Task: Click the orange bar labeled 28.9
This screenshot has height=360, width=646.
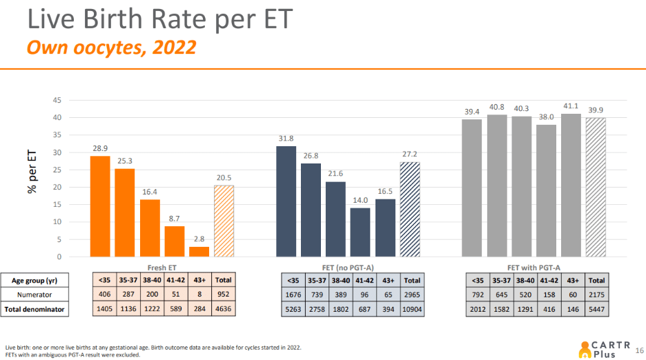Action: tap(100, 206)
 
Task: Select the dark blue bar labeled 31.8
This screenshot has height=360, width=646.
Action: tap(286, 201)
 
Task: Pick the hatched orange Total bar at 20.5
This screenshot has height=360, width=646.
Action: tap(224, 221)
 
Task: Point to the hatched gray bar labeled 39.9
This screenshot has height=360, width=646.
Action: tap(596, 187)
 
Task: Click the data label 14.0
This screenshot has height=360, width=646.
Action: tap(360, 201)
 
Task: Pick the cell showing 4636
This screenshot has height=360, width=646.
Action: tap(224, 310)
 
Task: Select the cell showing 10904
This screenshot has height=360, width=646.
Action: tap(411, 310)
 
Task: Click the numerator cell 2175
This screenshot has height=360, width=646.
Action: tap(596, 295)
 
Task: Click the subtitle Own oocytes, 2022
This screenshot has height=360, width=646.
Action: tap(110, 48)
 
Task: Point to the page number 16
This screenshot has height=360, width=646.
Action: tap(638, 350)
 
